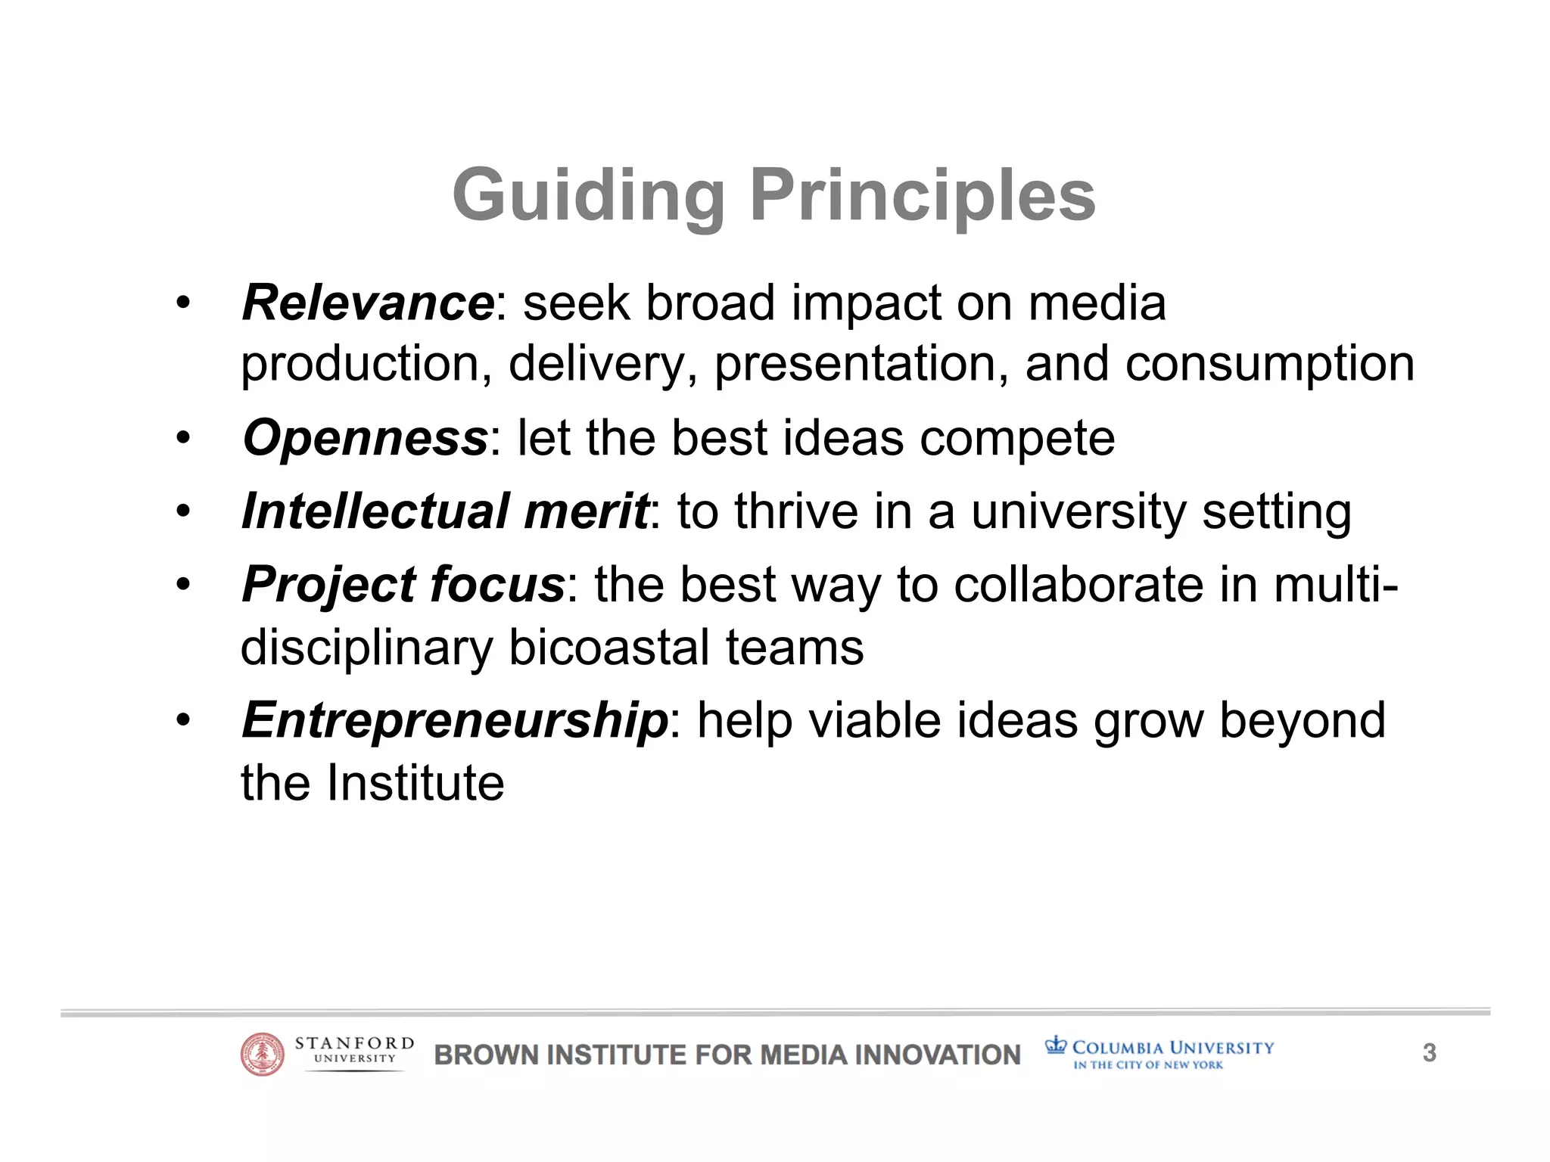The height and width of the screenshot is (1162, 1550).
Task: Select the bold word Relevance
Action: click(x=368, y=303)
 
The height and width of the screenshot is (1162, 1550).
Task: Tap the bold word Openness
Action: click(x=365, y=438)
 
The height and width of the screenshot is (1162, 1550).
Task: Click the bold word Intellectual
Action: click(x=375, y=511)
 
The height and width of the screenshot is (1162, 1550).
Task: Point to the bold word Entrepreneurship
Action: click(x=455, y=720)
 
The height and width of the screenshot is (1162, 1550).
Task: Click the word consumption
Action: click(x=1269, y=365)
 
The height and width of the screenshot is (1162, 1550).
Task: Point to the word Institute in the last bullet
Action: click(x=415, y=782)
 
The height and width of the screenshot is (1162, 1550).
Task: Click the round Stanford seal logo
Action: click(x=262, y=1055)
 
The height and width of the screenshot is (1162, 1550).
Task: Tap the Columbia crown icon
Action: click(x=1055, y=1046)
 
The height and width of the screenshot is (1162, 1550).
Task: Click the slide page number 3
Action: click(x=1429, y=1053)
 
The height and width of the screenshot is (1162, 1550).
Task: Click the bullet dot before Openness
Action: click(x=182, y=439)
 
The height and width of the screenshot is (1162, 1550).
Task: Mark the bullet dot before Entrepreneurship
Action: click(x=182, y=721)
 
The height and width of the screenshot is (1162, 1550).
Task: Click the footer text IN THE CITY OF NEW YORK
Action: click(x=1147, y=1065)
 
